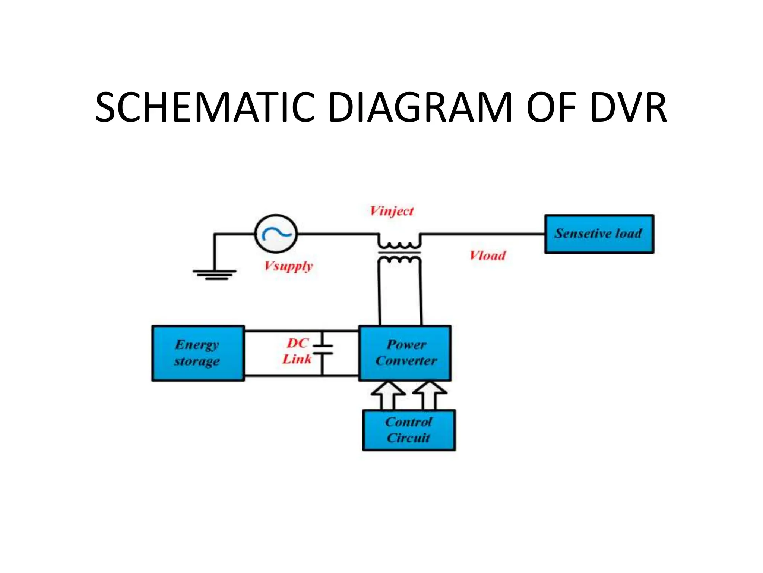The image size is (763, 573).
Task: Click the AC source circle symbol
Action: pos(276,234)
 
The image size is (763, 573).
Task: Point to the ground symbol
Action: pos(215,274)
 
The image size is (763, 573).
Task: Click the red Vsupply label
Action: pos(289,266)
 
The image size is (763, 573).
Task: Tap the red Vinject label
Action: pos(392,211)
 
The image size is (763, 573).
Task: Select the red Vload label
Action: pos(488,256)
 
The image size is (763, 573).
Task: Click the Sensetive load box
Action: pos(599,234)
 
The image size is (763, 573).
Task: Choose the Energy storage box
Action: pos(198,353)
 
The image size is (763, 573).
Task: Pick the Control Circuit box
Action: pos(409,430)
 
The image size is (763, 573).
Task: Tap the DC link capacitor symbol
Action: pos(323,349)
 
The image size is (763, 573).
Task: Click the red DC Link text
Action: pos(297,351)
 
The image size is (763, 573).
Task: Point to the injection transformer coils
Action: pos(399,253)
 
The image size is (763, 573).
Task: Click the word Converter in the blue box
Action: pos(406,361)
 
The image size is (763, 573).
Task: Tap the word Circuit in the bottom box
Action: pos(408,438)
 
